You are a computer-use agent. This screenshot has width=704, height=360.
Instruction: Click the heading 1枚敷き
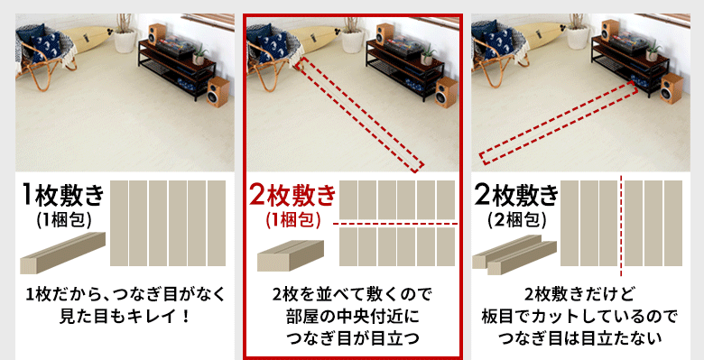click(x=63, y=193)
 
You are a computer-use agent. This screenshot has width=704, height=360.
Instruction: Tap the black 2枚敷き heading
click(x=517, y=195)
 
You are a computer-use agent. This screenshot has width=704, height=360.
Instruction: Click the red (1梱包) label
click(x=292, y=219)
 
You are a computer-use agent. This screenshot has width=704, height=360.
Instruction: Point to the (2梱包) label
click(x=517, y=219)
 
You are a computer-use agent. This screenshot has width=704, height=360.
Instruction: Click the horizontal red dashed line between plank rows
click(x=397, y=223)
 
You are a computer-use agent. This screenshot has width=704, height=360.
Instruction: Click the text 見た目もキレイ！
click(x=122, y=317)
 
